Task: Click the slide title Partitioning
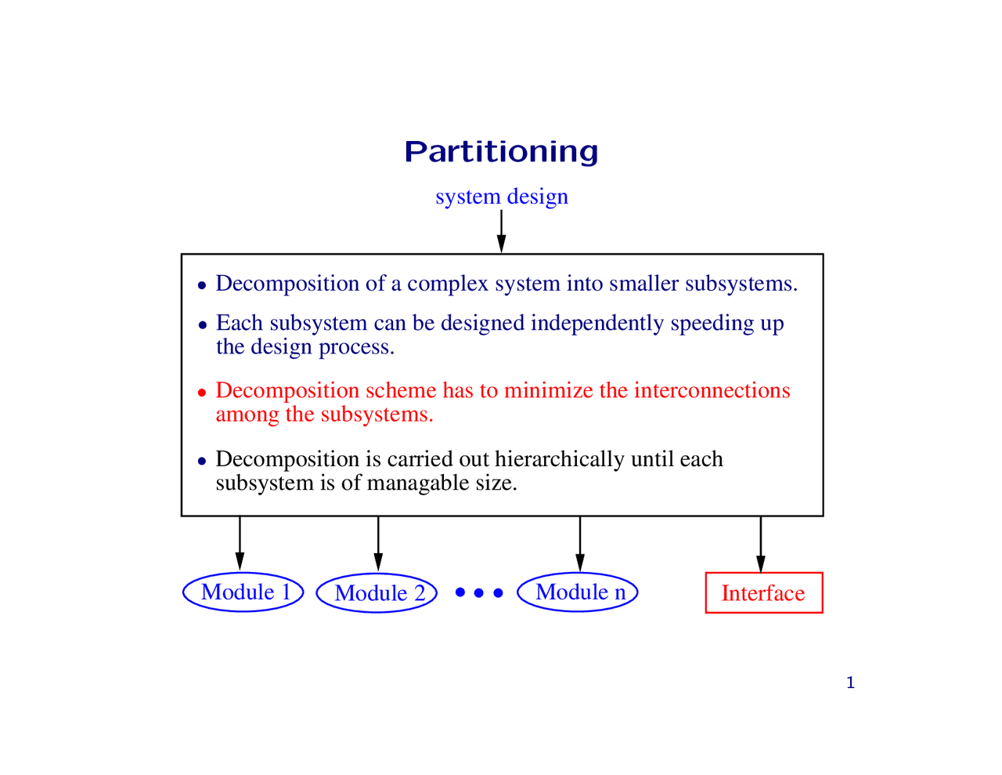pyautogui.click(x=501, y=152)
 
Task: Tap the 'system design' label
pyautogui.click(x=502, y=197)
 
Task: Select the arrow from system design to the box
pyautogui.click(x=501, y=231)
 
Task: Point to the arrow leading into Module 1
pyautogui.click(x=240, y=543)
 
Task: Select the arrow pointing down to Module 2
pyautogui.click(x=378, y=543)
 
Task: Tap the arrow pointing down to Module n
pyautogui.click(x=580, y=543)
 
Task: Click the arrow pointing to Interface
pyautogui.click(x=761, y=544)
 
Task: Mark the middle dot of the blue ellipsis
pyautogui.click(x=478, y=592)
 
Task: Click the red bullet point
pyautogui.click(x=201, y=393)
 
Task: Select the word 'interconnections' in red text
pyautogui.click(x=712, y=390)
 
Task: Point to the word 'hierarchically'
pyautogui.click(x=560, y=460)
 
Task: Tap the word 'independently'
pyautogui.click(x=597, y=324)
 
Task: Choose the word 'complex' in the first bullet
pyautogui.click(x=447, y=284)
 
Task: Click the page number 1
pyautogui.click(x=851, y=683)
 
